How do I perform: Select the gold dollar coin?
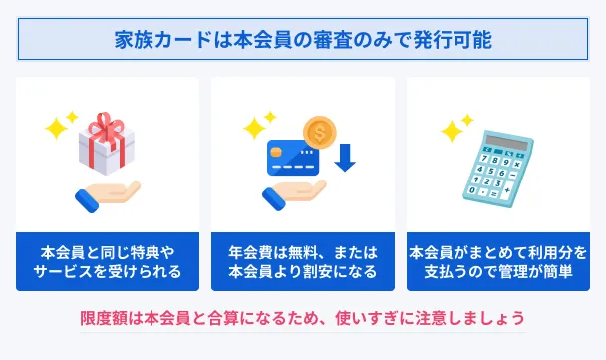click(320, 133)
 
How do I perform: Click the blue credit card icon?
click(293, 158)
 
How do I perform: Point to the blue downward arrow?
click(345, 157)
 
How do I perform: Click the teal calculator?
click(498, 169)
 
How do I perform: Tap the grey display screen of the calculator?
click(507, 142)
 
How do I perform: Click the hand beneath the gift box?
click(108, 196)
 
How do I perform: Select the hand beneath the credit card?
click(294, 194)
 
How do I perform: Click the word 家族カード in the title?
click(163, 40)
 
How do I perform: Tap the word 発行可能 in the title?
click(453, 40)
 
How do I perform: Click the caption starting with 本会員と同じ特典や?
click(108, 262)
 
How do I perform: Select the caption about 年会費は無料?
click(303, 262)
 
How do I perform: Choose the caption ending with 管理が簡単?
click(498, 262)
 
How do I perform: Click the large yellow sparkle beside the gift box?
click(57, 128)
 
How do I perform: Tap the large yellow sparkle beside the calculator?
click(452, 131)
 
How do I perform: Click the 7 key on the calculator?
click(484, 158)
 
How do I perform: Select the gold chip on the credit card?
click(276, 152)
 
